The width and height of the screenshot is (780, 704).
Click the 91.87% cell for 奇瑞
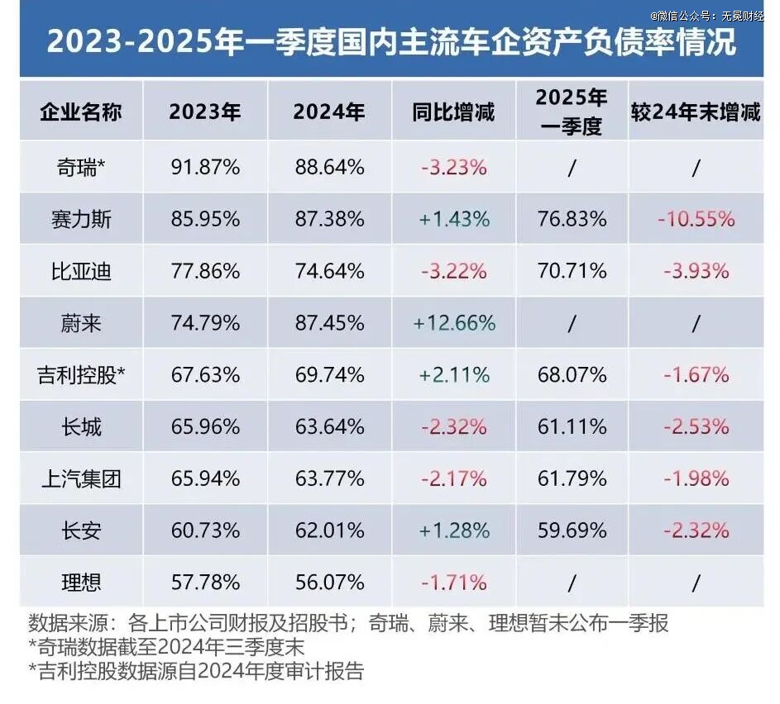204,167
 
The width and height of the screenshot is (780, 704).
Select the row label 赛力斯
81,219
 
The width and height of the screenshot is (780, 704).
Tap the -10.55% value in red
695,219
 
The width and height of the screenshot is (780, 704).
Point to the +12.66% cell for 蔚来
453,323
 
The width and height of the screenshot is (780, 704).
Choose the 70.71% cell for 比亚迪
572,271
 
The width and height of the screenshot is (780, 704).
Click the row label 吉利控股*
81,375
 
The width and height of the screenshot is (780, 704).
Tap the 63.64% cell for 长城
329,427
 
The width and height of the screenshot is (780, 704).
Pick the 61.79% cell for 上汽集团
572,478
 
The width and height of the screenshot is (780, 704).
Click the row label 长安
81,530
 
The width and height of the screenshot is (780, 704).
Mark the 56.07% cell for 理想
329,583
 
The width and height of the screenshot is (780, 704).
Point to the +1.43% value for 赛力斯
453,219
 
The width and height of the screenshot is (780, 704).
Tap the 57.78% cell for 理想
204,583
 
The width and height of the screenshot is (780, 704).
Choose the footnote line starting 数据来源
347,622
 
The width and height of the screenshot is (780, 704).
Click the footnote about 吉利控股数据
196,671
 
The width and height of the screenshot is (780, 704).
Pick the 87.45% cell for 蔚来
329,323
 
